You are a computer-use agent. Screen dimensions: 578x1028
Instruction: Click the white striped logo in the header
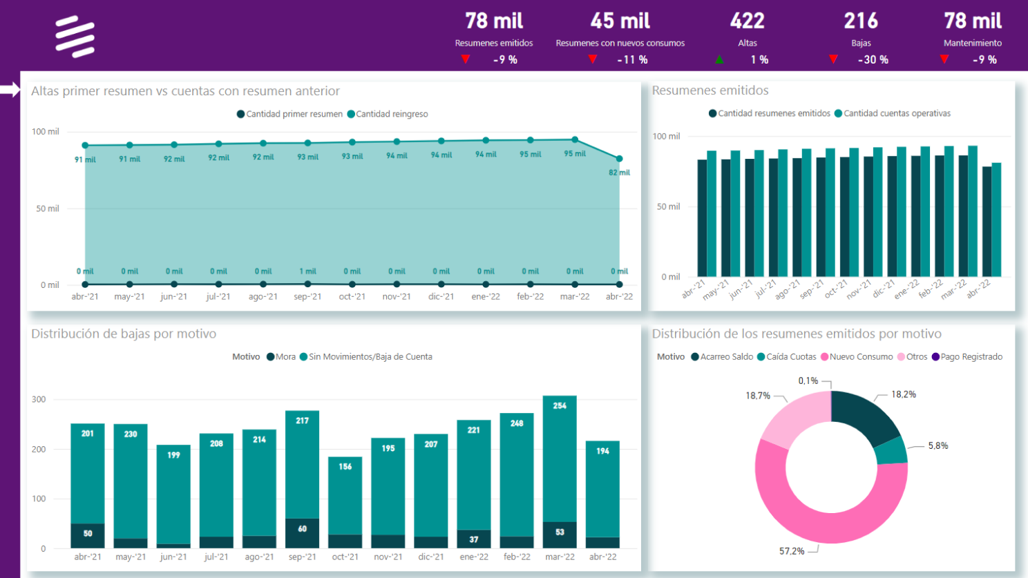click(75, 37)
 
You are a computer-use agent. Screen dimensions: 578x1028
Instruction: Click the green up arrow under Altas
click(719, 60)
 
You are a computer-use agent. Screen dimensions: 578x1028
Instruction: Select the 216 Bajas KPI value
click(861, 21)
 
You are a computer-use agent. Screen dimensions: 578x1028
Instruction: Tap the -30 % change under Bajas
click(873, 60)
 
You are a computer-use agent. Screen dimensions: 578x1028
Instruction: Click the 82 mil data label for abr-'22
click(619, 173)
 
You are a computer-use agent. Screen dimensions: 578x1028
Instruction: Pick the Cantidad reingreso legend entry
click(388, 114)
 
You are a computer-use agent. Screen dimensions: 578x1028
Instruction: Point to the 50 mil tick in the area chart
click(48, 209)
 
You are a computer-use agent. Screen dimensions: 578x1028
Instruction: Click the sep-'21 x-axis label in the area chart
click(307, 297)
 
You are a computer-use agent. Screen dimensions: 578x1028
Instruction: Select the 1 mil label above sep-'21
click(307, 271)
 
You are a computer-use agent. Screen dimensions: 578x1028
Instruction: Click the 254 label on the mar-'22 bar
click(560, 406)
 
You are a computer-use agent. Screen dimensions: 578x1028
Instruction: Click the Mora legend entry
click(281, 357)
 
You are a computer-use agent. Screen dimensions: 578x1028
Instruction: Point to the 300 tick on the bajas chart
click(39, 399)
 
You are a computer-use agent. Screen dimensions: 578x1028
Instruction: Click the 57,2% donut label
click(792, 551)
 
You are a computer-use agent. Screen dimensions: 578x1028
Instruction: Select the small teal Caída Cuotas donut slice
click(892, 451)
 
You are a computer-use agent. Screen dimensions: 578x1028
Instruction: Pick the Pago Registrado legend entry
click(967, 357)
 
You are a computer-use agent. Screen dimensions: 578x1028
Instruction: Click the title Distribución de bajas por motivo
click(124, 334)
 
